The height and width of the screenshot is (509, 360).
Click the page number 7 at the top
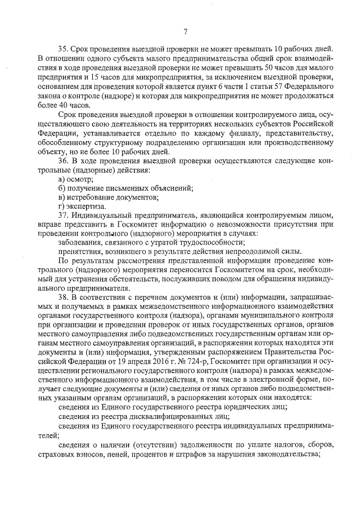tap(185, 31)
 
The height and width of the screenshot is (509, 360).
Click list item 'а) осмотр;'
tap(76, 178)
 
